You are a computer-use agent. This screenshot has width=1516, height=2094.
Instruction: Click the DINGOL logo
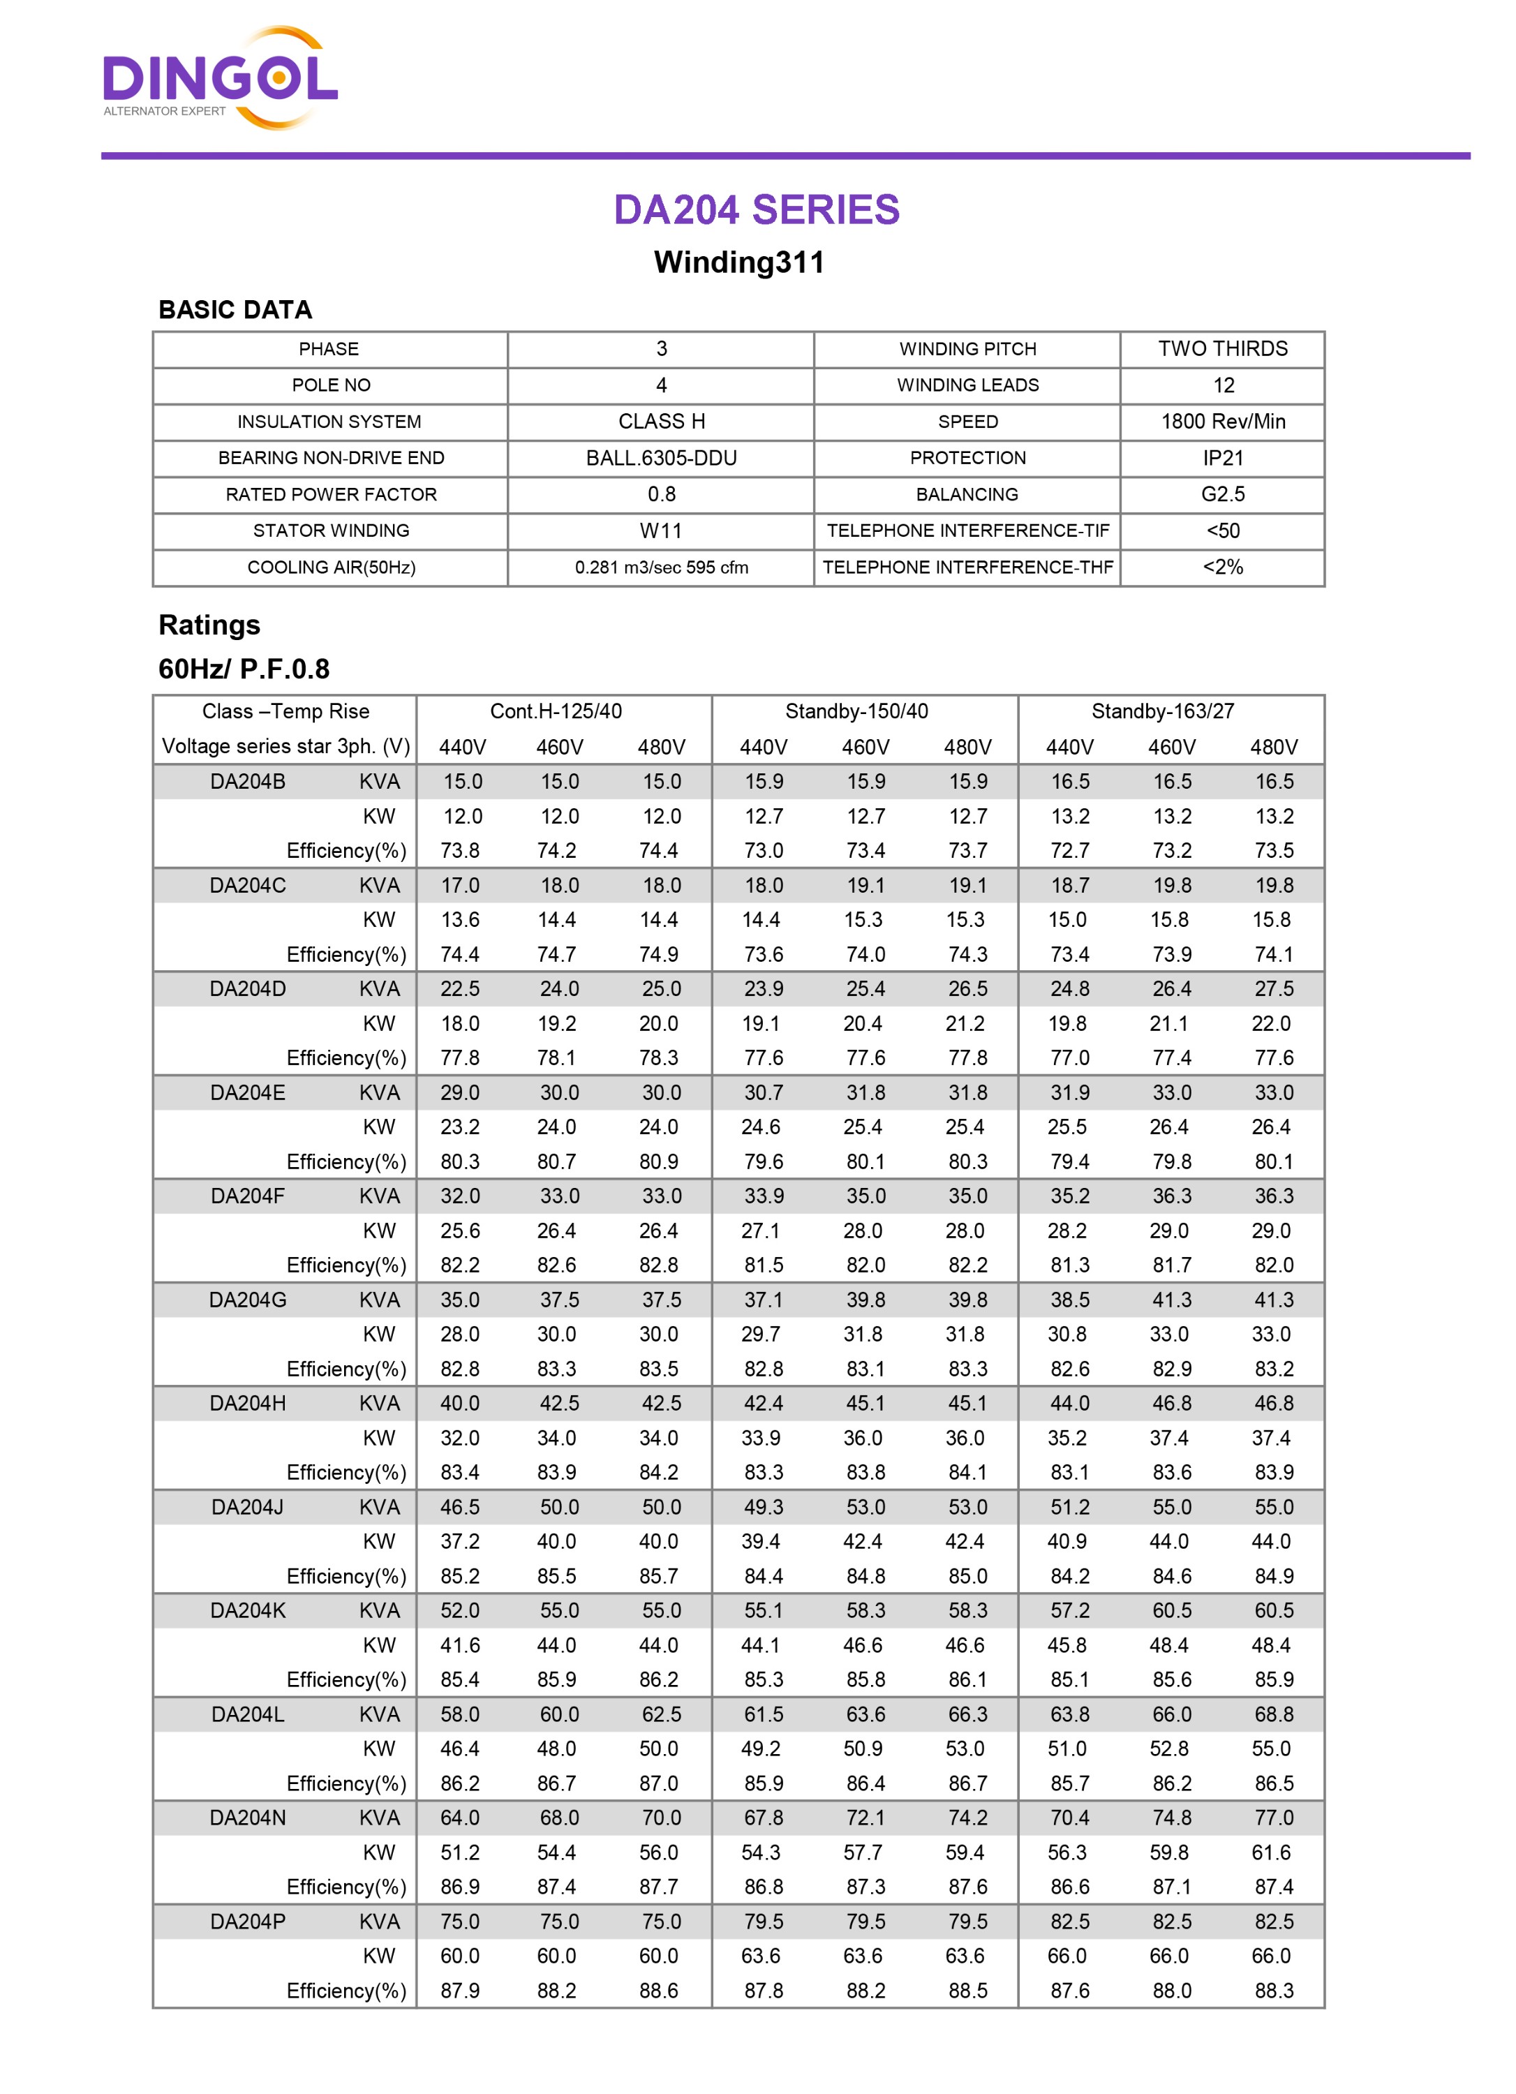[220, 78]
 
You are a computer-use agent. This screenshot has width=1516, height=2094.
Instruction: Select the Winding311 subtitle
[738, 262]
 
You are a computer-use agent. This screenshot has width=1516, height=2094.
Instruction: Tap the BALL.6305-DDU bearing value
[661, 458]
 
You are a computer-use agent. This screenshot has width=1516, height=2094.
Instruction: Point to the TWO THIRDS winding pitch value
[1222, 349]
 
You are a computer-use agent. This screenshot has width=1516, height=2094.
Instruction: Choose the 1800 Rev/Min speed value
[1222, 422]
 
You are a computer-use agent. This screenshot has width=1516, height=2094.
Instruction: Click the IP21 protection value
[1222, 458]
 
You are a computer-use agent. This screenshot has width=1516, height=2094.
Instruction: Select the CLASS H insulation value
[661, 422]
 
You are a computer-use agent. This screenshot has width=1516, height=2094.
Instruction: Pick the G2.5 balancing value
[1222, 494]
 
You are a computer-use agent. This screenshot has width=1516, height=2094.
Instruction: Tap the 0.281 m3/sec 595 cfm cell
[661, 567]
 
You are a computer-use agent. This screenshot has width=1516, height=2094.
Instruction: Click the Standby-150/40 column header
[856, 711]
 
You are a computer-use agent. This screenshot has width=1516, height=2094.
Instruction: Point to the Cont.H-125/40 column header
[556, 711]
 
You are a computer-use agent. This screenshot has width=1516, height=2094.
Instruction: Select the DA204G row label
[248, 1300]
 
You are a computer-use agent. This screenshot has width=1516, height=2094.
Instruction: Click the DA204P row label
[248, 1922]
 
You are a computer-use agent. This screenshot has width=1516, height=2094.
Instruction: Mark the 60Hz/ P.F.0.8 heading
[244, 669]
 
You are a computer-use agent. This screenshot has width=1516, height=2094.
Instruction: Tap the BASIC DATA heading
[235, 310]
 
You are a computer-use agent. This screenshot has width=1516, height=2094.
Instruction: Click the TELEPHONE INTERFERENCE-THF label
[967, 567]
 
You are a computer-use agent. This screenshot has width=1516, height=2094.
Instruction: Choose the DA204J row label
[248, 1507]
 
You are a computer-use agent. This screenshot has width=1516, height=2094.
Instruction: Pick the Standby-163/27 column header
[1162, 711]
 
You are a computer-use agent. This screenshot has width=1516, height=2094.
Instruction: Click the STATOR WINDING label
[331, 531]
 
